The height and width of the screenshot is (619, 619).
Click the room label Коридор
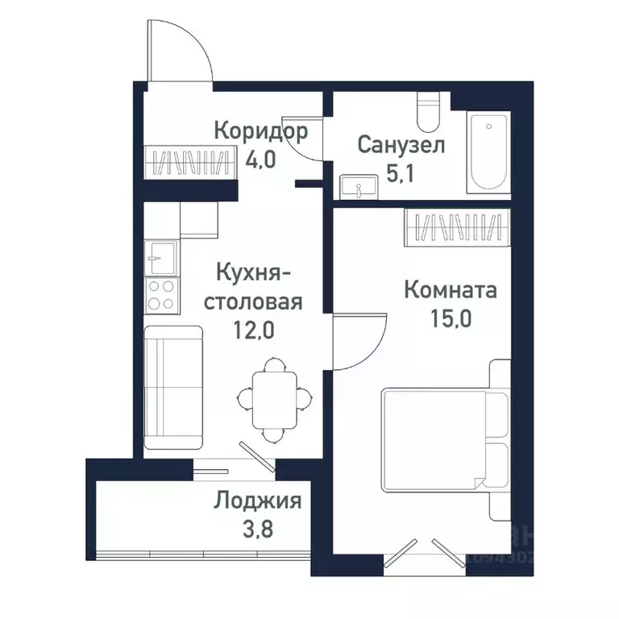pos(260,131)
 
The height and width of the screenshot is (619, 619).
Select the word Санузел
pos(401,146)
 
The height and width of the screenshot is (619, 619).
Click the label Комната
pos(450,289)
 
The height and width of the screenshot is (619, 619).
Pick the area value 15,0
pos(450,317)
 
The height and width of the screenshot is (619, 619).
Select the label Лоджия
pos(257,501)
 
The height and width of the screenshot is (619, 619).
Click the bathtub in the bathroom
pos(489,152)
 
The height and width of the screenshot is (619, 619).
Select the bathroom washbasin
pos(354,186)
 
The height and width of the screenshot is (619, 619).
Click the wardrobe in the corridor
pos(185,163)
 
